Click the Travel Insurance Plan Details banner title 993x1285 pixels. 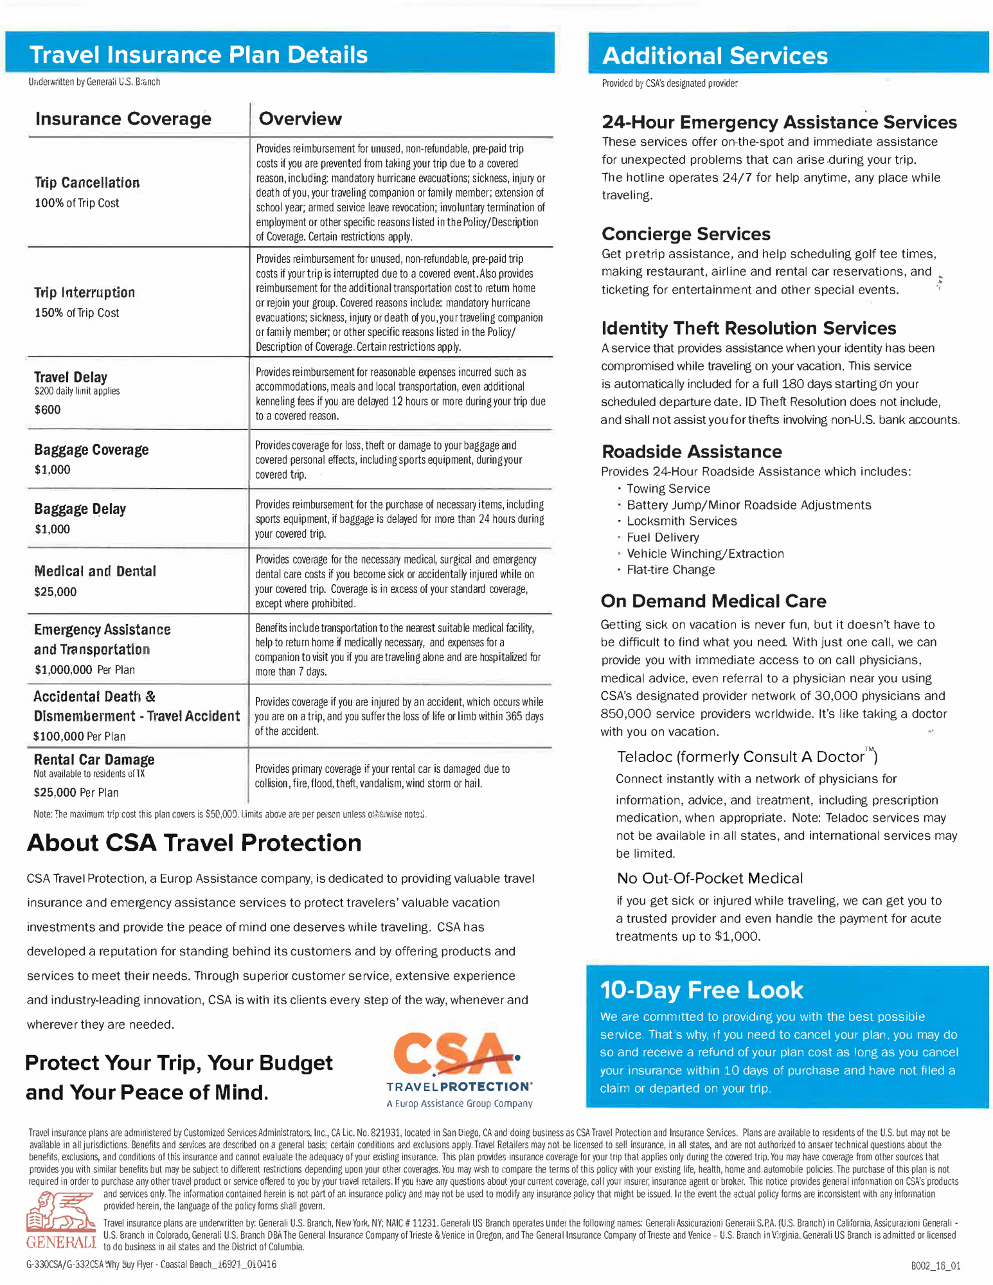[x=199, y=55]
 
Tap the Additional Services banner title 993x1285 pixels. [x=715, y=56]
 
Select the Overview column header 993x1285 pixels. [x=300, y=119]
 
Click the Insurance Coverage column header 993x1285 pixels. [x=123, y=119]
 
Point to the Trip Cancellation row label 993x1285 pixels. [x=87, y=182]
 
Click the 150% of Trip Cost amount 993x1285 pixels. [x=76, y=313]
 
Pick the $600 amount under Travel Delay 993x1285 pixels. [x=48, y=410]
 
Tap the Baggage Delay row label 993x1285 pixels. [x=80, y=509]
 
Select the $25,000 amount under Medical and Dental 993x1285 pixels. [x=55, y=592]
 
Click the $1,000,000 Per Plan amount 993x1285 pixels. [x=84, y=669]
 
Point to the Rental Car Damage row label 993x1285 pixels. [x=94, y=759]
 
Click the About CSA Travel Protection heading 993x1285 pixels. [x=194, y=843]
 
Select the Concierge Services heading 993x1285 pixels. [x=685, y=234]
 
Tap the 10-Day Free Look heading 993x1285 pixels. [x=701, y=990]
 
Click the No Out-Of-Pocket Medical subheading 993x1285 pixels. [x=710, y=878]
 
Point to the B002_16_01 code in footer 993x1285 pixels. [x=935, y=1266]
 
